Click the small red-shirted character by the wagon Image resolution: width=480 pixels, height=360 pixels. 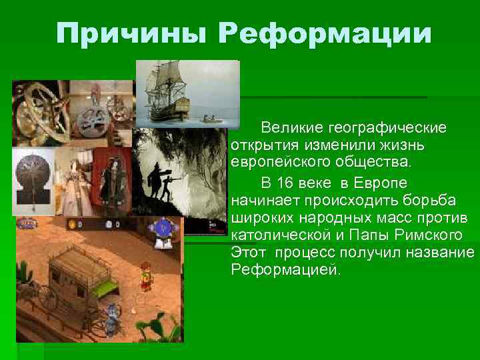coord(145,273)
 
